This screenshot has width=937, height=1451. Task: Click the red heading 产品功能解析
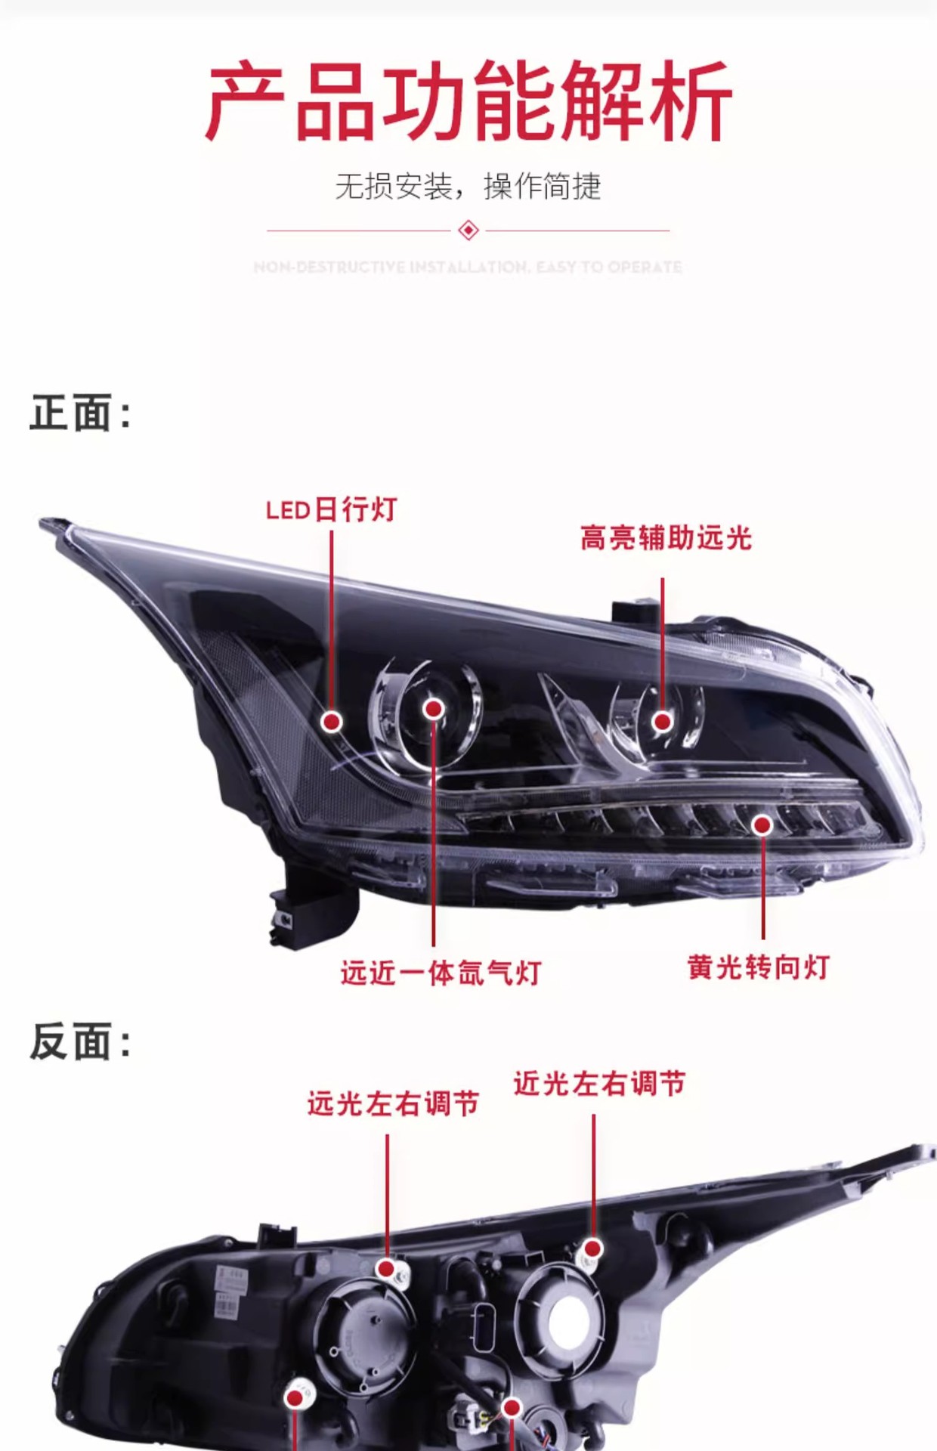click(468, 102)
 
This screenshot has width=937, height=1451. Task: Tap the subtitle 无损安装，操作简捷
click(468, 187)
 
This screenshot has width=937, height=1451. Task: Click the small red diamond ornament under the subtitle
click(468, 230)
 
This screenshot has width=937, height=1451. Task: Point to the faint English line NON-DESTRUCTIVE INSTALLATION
click(468, 267)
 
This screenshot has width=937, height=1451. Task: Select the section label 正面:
click(80, 413)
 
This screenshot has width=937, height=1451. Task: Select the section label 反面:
click(80, 1041)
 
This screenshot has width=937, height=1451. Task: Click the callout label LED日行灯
click(332, 510)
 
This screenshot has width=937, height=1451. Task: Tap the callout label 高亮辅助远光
click(666, 538)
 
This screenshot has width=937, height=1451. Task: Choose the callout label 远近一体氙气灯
click(441, 973)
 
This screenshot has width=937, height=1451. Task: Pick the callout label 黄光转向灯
click(759, 967)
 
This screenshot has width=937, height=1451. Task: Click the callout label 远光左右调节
click(393, 1104)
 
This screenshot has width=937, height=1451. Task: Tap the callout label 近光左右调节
click(599, 1084)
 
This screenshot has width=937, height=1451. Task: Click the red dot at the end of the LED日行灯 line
click(331, 722)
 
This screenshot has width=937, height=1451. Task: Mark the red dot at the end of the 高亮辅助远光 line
click(663, 722)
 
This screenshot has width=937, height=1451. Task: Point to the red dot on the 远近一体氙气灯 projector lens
click(434, 708)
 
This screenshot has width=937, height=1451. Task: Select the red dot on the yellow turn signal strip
click(762, 825)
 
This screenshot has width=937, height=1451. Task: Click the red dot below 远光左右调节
click(387, 1267)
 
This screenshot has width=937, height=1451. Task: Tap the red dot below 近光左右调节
click(593, 1248)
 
